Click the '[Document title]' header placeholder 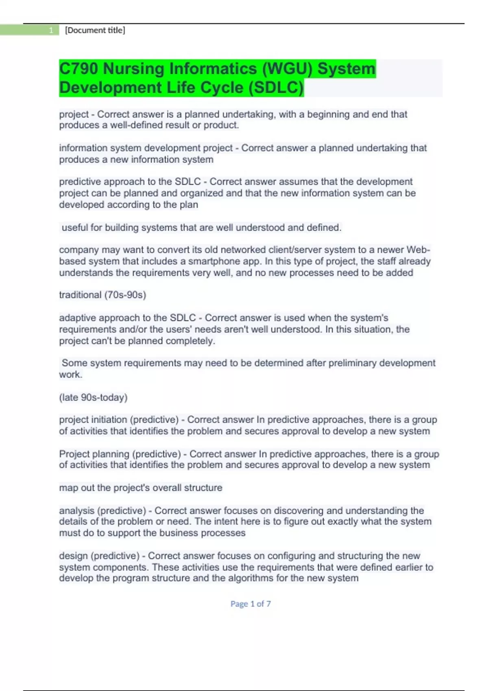point(95,30)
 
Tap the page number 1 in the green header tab point(51,30)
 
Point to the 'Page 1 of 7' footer point(251,604)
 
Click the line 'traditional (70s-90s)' point(102,295)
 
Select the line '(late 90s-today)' point(93,398)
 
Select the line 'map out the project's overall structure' point(141,488)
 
